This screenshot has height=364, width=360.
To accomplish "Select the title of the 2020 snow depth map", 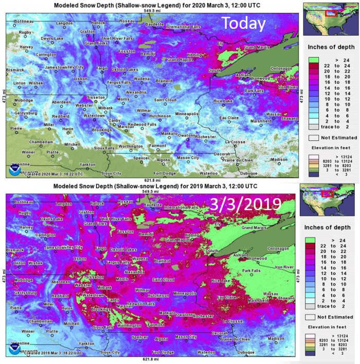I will click(x=148, y=4).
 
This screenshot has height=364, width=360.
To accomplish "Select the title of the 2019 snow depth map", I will click(x=148, y=185).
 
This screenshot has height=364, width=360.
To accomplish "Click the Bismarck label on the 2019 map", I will click(x=15, y=250).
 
